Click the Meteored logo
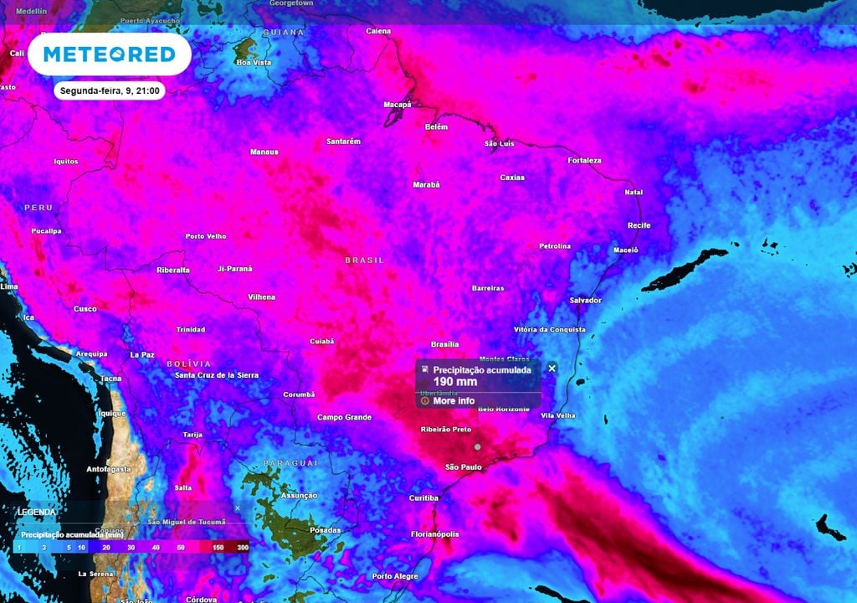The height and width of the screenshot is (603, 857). pos(110,54)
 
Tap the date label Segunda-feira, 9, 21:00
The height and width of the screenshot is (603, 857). pos(110,91)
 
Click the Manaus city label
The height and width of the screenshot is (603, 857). pos(264,152)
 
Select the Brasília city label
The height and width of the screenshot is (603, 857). pos(444,344)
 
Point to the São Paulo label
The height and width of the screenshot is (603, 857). pos(463,466)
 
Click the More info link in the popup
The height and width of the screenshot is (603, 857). pos(454,401)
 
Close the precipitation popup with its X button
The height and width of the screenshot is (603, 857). pos(552,368)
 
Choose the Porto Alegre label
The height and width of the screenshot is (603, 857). pos(395,576)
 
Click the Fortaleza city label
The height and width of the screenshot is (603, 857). pos(584,160)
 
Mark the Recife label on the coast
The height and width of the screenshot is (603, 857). pos(639,225)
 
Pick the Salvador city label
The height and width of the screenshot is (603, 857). pos(585,300)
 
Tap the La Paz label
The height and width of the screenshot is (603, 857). pos(142,354)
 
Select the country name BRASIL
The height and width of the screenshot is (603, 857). pos(365,260)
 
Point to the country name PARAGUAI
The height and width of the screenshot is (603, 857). pos(290,463)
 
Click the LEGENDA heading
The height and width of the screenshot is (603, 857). pos(38,512)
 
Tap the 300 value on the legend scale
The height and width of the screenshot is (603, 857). pos(243,547)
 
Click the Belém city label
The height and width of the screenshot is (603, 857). pos(436,126)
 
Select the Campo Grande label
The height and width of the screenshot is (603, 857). pos(344,417)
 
